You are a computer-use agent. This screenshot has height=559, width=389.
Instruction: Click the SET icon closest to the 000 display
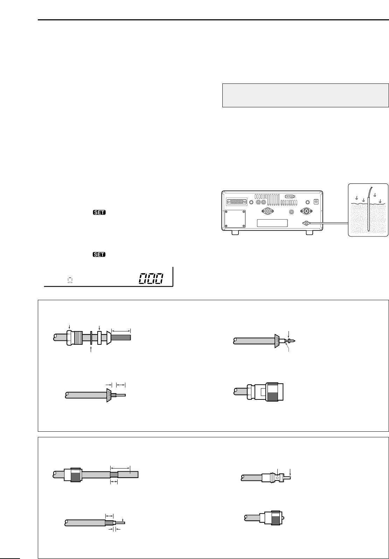99,254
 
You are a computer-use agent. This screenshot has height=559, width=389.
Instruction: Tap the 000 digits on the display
151,278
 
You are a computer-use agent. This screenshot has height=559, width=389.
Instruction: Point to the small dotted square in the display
70,280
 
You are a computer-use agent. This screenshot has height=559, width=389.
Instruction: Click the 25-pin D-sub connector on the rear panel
237,202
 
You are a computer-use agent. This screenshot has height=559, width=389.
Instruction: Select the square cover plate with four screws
235,219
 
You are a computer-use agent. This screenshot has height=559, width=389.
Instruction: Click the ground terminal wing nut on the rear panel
306,223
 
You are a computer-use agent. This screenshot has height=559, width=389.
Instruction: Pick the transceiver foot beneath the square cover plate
235,233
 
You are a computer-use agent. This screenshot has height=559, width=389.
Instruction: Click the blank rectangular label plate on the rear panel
272,223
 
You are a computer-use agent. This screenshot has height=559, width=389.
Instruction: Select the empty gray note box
306,95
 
